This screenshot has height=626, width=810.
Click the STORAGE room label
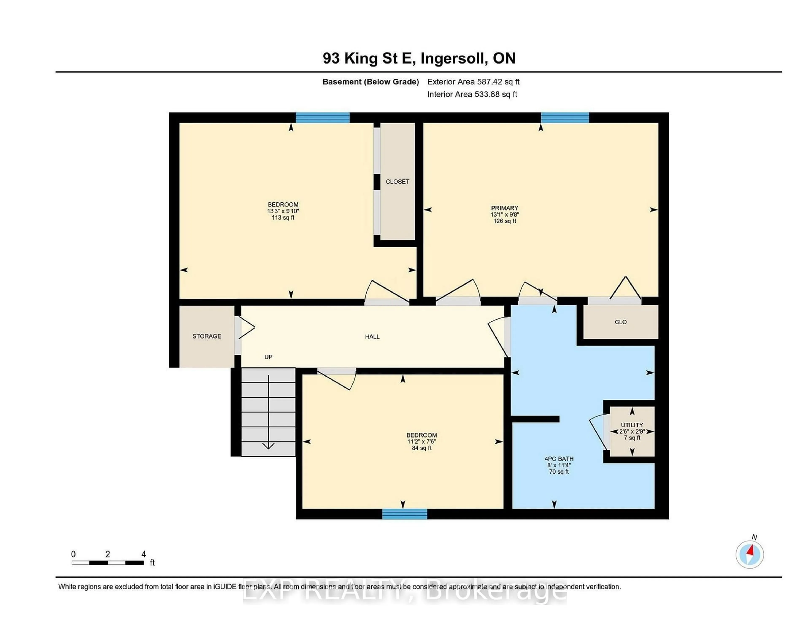(x=207, y=336)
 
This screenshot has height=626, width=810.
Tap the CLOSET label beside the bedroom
(x=397, y=182)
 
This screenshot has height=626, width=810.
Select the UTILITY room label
(x=632, y=425)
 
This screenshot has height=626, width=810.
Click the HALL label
(x=372, y=337)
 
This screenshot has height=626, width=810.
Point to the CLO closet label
(x=621, y=322)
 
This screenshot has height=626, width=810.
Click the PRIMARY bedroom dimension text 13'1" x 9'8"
(x=504, y=214)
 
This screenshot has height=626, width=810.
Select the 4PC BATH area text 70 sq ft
(x=559, y=472)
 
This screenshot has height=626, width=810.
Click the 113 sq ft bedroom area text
(x=283, y=217)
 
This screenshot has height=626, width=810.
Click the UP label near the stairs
(x=268, y=357)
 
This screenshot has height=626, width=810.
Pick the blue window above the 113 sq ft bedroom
(x=322, y=118)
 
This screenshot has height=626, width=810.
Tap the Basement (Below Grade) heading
(x=370, y=82)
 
